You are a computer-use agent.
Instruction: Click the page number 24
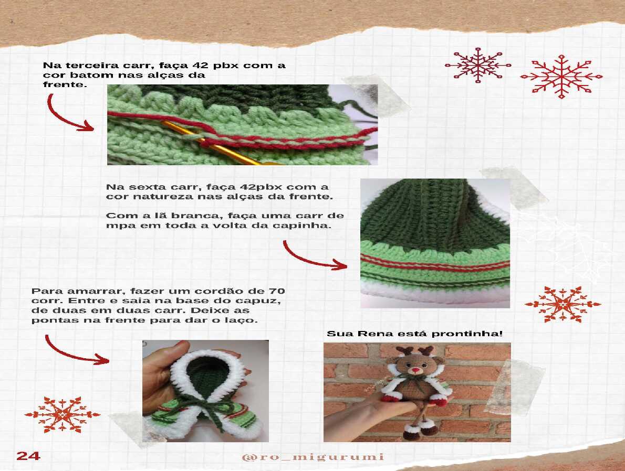28,455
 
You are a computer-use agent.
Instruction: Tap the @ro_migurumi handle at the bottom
313,457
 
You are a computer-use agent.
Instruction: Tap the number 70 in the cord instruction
277,291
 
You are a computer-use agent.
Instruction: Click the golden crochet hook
221,145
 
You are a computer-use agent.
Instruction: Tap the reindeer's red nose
416,370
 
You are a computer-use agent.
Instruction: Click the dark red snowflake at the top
478,65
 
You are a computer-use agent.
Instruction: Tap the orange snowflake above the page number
62,414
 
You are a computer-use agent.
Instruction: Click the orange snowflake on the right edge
562,305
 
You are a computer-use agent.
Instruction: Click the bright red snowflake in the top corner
561,77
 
